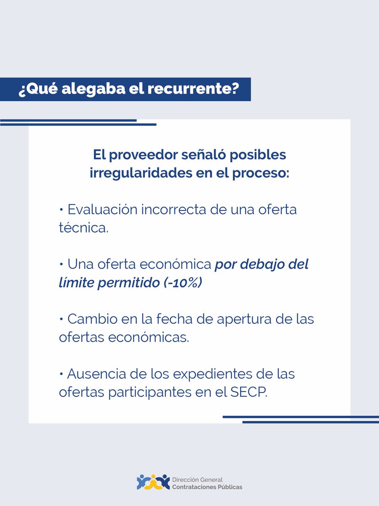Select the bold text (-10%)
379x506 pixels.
click(183, 283)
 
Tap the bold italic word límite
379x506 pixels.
click(76, 283)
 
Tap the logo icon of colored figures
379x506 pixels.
click(153, 482)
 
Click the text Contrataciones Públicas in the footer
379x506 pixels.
click(207, 487)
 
